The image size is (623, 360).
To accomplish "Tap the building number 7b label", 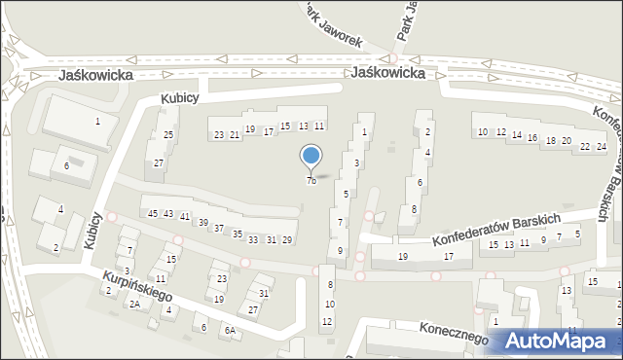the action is (x=311, y=180).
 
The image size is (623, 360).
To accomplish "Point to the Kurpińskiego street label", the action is (x=137, y=285).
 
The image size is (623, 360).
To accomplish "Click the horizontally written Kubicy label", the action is (x=180, y=98).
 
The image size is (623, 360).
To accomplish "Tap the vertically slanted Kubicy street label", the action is (x=93, y=230).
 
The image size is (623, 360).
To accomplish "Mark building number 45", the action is (x=152, y=213).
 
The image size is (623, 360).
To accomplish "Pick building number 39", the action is (x=203, y=223).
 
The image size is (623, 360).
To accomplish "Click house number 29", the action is (x=286, y=240).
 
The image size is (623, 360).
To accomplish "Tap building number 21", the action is (x=235, y=134).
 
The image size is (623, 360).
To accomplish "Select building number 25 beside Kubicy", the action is (x=168, y=134).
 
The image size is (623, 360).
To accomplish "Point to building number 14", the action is (x=516, y=135).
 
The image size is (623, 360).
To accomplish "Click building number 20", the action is (x=567, y=141).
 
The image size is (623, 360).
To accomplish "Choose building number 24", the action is (x=602, y=146).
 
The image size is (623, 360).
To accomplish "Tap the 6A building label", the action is (x=231, y=330).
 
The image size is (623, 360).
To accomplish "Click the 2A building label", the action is (x=135, y=304).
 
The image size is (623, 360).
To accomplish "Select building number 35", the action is (x=237, y=234).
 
